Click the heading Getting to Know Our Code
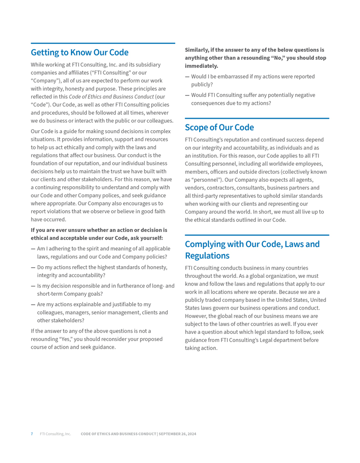(80, 52)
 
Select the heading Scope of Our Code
(219, 127)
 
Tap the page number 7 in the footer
(32, 434)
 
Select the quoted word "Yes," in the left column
(65, 339)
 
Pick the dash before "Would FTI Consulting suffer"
(187, 95)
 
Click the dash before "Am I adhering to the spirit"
(33, 248)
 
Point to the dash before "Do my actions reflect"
(33, 267)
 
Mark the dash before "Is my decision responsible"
(33, 286)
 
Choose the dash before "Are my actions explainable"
(33, 304)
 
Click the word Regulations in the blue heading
(207, 256)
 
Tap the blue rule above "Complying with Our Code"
(257, 235)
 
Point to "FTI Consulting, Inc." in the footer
(55, 434)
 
